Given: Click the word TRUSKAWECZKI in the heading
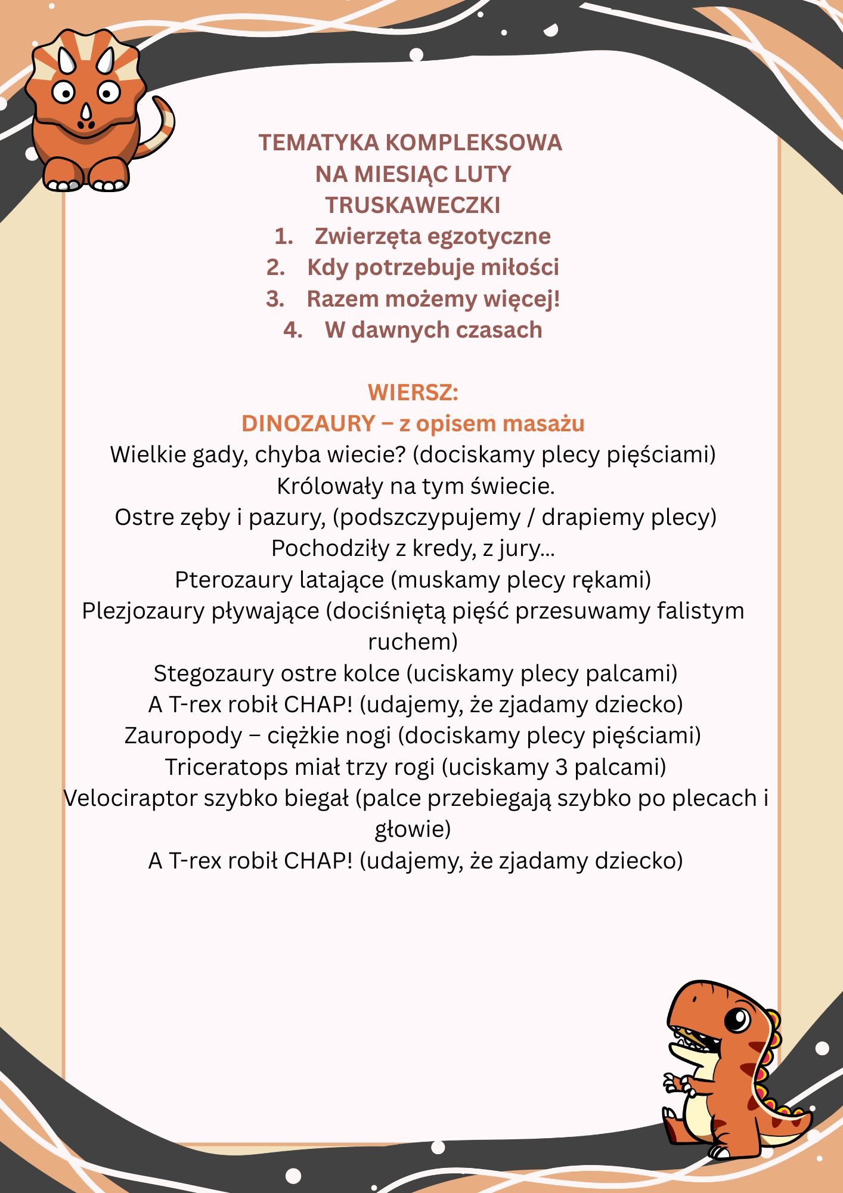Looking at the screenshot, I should (413, 205).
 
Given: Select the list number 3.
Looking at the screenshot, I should (275, 299).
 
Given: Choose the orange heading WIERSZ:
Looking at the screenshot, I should (413, 392).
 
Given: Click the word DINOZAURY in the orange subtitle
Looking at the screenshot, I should (308, 424).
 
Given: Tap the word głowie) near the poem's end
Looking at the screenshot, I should (413, 830).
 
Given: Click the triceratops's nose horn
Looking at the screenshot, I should (87, 112).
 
